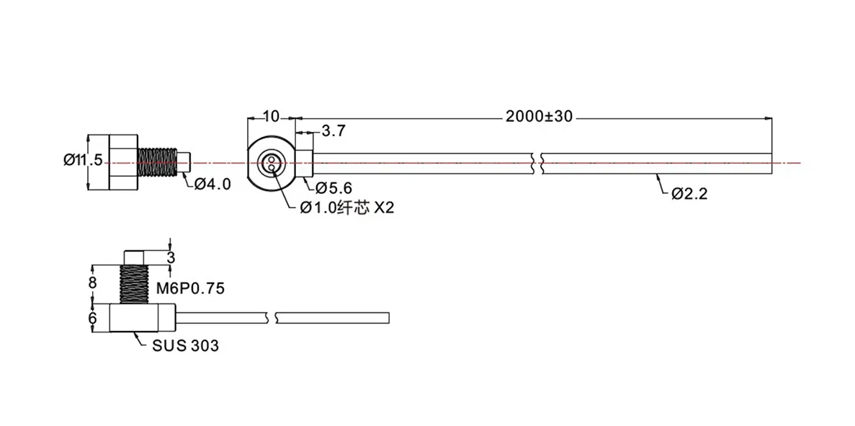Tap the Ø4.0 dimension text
pos(212,184)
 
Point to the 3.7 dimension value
pos(334,131)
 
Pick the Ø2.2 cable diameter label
pos(690,193)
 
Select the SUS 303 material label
pos(184,345)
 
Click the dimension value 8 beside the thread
pos(92,283)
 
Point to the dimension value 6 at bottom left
pos(92,317)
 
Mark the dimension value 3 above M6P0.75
pos(171,257)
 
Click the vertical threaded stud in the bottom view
pos(134,284)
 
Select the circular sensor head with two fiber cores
pos(272,162)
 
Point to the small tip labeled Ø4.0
pos(183,161)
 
